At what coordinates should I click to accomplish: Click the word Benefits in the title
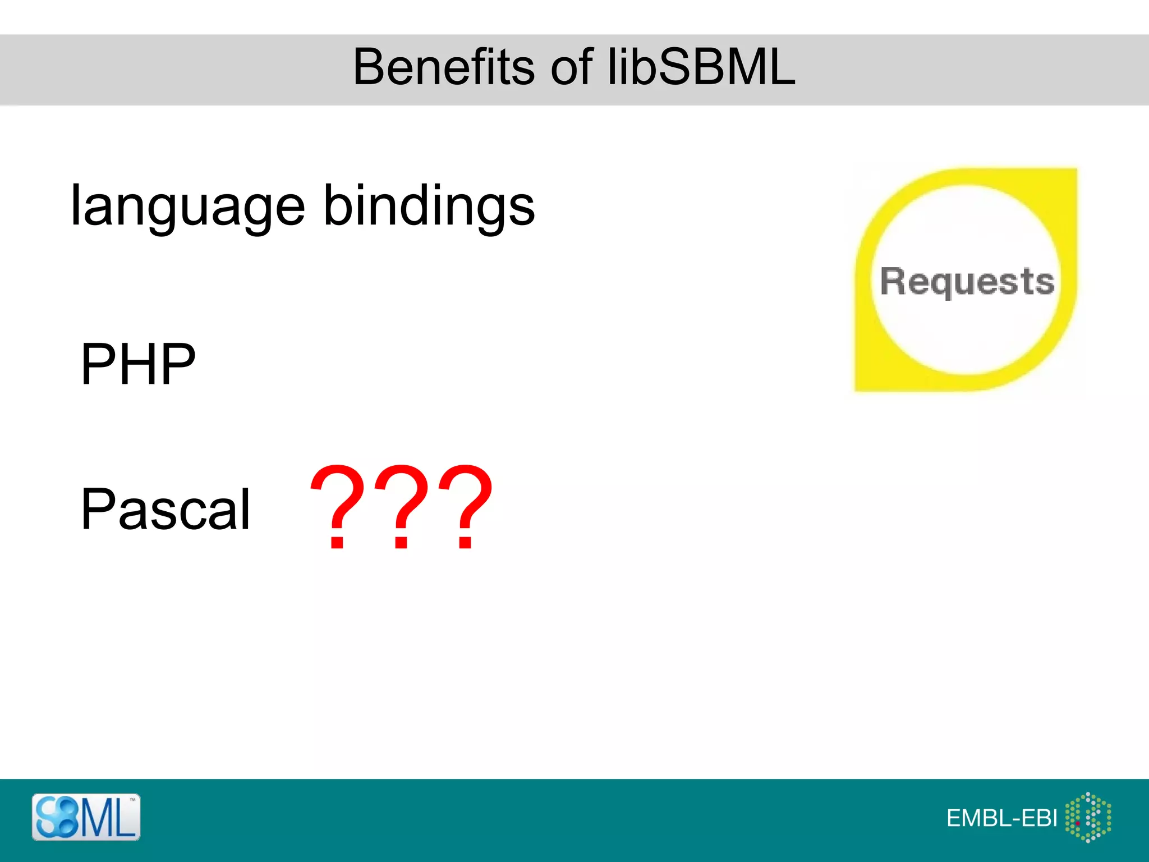(443, 67)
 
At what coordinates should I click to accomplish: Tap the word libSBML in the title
(701, 67)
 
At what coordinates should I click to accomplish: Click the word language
(187, 208)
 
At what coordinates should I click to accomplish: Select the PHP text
(138, 365)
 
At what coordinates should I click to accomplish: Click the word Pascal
(166, 510)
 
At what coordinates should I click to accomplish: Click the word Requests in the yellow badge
(967, 281)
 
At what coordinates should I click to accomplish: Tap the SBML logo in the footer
(86, 817)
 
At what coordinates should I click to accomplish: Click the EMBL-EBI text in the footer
(1001, 818)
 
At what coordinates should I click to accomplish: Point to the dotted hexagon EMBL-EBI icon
(1088, 817)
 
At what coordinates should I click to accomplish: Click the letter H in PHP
(138, 365)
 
